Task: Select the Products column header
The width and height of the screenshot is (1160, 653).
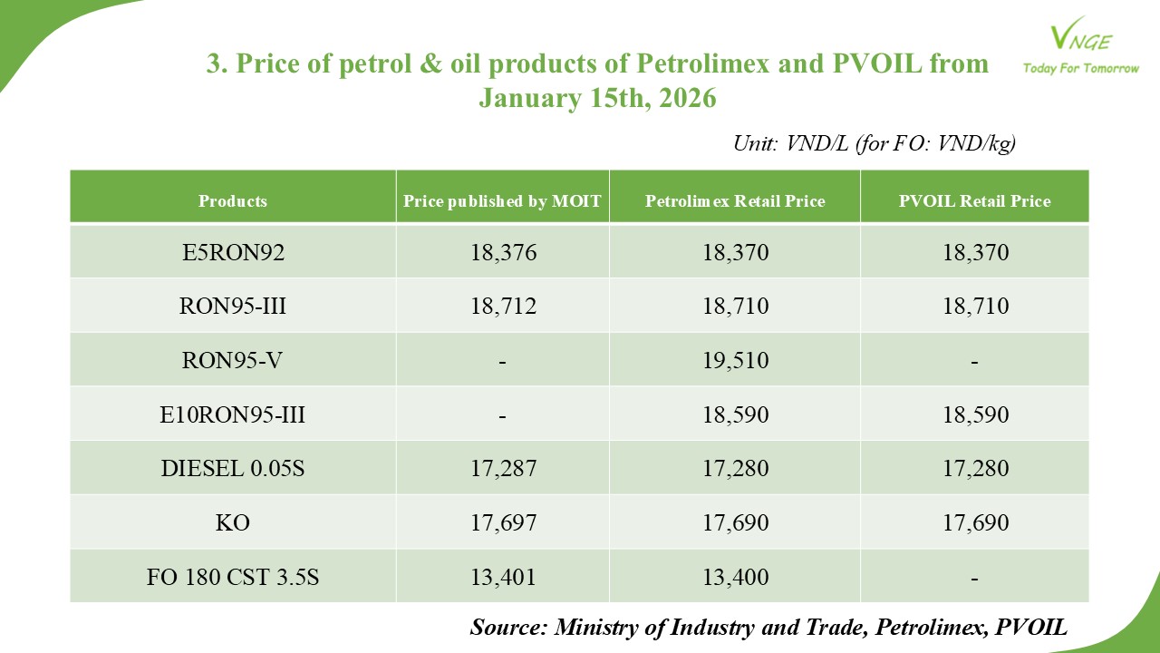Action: tap(233, 201)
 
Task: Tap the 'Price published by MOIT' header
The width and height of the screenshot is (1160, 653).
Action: tap(502, 201)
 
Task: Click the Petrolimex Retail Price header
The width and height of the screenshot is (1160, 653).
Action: tap(735, 201)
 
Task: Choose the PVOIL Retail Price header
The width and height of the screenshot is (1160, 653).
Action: tap(974, 201)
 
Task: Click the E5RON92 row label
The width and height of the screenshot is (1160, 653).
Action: tap(233, 252)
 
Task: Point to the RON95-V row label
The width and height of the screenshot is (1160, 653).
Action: tap(233, 360)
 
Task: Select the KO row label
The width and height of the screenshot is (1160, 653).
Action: tap(233, 523)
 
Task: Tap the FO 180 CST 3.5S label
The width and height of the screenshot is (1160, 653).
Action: tap(233, 578)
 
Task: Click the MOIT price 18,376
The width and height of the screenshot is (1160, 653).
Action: tap(503, 252)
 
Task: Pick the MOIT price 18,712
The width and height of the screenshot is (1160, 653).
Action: tap(503, 307)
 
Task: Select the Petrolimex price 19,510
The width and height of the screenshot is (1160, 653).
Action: tap(735, 360)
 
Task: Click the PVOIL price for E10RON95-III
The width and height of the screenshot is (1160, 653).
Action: tap(974, 414)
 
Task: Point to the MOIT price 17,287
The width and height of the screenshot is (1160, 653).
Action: tap(503, 469)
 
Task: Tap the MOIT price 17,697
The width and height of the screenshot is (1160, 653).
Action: tap(503, 523)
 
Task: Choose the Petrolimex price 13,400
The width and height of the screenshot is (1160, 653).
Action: tap(735, 578)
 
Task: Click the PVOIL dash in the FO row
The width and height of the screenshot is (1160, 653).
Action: tap(974, 578)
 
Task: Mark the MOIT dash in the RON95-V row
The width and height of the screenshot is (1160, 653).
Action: tap(503, 361)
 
